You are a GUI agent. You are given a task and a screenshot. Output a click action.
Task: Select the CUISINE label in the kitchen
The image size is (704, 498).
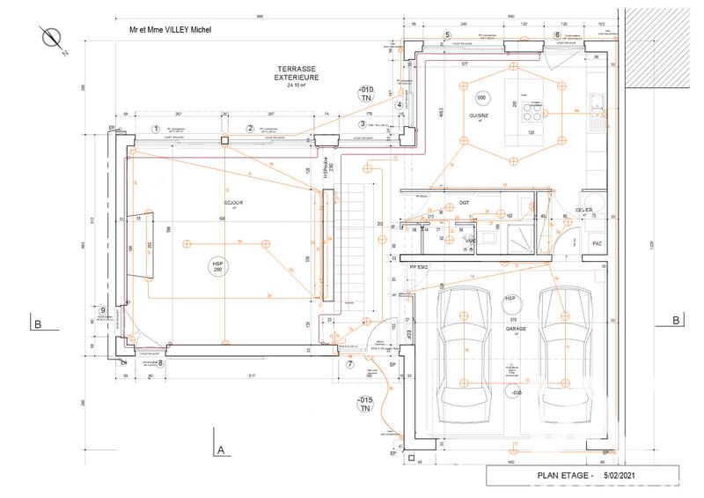coord(478,115)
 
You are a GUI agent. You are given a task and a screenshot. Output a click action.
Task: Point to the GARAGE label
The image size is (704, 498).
coord(515,328)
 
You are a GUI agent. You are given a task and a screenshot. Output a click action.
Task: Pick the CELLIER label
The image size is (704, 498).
coord(585,210)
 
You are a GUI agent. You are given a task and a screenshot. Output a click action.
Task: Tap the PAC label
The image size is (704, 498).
coord(596,243)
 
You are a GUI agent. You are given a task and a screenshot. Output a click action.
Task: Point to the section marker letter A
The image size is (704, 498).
coord(222,450)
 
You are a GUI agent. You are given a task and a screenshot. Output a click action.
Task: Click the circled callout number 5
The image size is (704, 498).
coord(447,35)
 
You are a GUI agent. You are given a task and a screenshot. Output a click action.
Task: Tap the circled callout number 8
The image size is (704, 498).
coord(160,362)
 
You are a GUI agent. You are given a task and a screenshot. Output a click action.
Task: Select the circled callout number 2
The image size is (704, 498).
coord(250,129)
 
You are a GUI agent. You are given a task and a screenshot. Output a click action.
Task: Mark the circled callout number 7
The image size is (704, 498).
coord(349,363)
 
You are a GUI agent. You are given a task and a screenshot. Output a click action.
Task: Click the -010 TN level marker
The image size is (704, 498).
coord(364,95)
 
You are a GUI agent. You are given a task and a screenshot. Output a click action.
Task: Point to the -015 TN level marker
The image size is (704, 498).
coord(364,405)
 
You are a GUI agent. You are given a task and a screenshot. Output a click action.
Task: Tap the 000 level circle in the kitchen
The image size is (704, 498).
coord(481,97)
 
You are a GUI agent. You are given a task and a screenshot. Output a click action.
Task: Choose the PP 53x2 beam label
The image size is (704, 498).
coord(419,265)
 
